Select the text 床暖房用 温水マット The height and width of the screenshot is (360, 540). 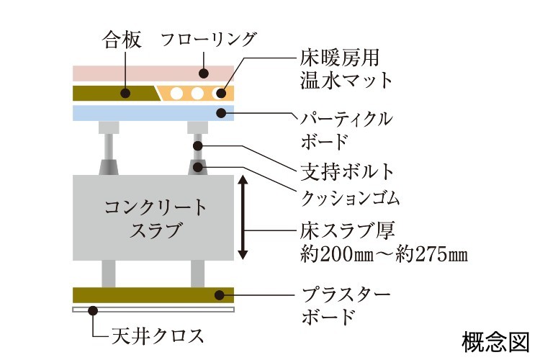click(346, 67)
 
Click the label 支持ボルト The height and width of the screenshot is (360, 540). click(346, 171)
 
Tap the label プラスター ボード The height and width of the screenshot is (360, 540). click(344, 305)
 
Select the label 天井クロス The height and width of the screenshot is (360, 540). click(157, 336)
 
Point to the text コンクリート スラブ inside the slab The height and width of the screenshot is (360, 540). click(154, 219)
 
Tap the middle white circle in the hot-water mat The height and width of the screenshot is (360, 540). click(194, 93)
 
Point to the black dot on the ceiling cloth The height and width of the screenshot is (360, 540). click(91, 310)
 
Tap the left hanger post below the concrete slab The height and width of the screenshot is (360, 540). click(109, 273)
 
